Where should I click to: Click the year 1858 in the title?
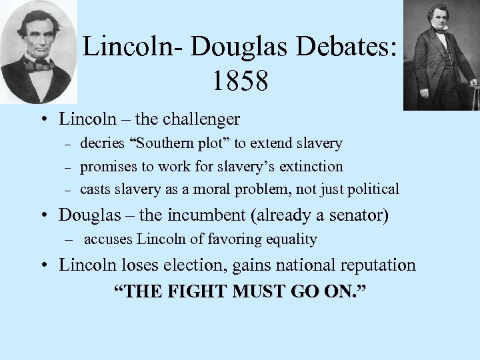[241, 81]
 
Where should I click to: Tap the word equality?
[289, 239]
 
